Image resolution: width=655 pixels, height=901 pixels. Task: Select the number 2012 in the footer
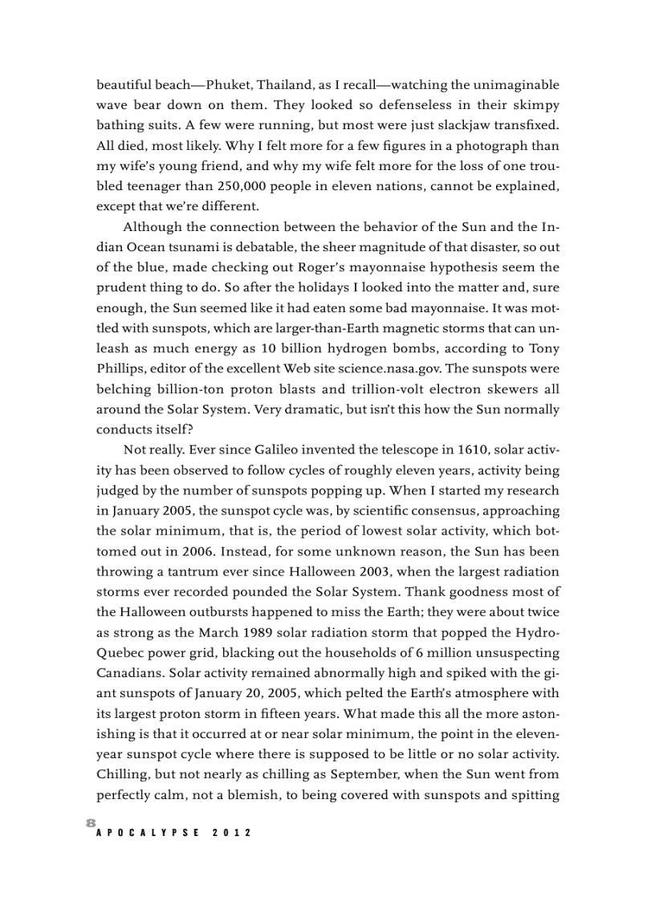232,833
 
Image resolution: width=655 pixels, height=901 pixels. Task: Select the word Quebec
121,652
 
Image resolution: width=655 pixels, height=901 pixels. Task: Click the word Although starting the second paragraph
152,226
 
